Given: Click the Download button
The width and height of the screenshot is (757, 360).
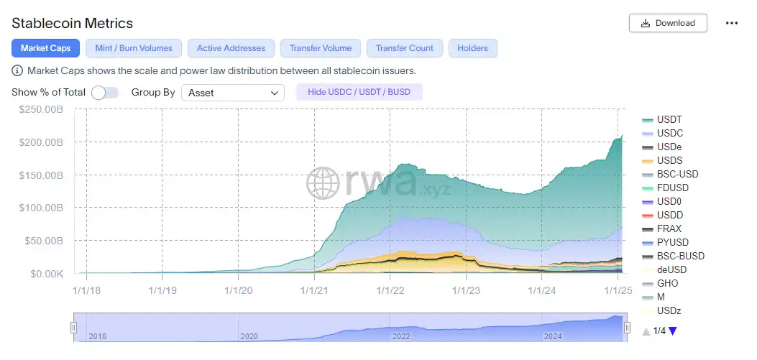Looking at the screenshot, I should click(668, 23).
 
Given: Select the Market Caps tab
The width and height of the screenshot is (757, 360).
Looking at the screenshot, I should click(45, 48).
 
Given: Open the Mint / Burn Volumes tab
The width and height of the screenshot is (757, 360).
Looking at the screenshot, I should click(134, 48).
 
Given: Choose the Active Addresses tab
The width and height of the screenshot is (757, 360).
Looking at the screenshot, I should click(231, 48).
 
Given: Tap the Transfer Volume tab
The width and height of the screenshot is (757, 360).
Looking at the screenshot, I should click(321, 48).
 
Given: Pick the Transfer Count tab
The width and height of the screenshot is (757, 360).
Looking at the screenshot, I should click(405, 48).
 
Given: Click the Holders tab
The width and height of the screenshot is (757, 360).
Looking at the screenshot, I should click(472, 48).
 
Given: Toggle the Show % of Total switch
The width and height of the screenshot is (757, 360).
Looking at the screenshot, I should click(105, 93).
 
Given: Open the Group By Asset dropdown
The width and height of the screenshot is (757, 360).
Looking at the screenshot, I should click(233, 93).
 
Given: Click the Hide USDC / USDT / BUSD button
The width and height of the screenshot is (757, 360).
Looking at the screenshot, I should click(359, 92).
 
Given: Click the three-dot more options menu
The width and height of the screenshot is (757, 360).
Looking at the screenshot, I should click(732, 23).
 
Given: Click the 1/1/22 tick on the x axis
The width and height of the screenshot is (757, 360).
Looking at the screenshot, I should click(389, 290).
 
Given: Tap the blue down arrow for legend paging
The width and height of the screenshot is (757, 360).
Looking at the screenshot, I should click(673, 331).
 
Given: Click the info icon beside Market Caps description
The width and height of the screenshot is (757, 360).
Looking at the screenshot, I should click(17, 71).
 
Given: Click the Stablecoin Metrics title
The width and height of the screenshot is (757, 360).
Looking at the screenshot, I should click(72, 24).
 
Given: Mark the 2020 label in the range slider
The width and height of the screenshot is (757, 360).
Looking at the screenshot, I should click(249, 336).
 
